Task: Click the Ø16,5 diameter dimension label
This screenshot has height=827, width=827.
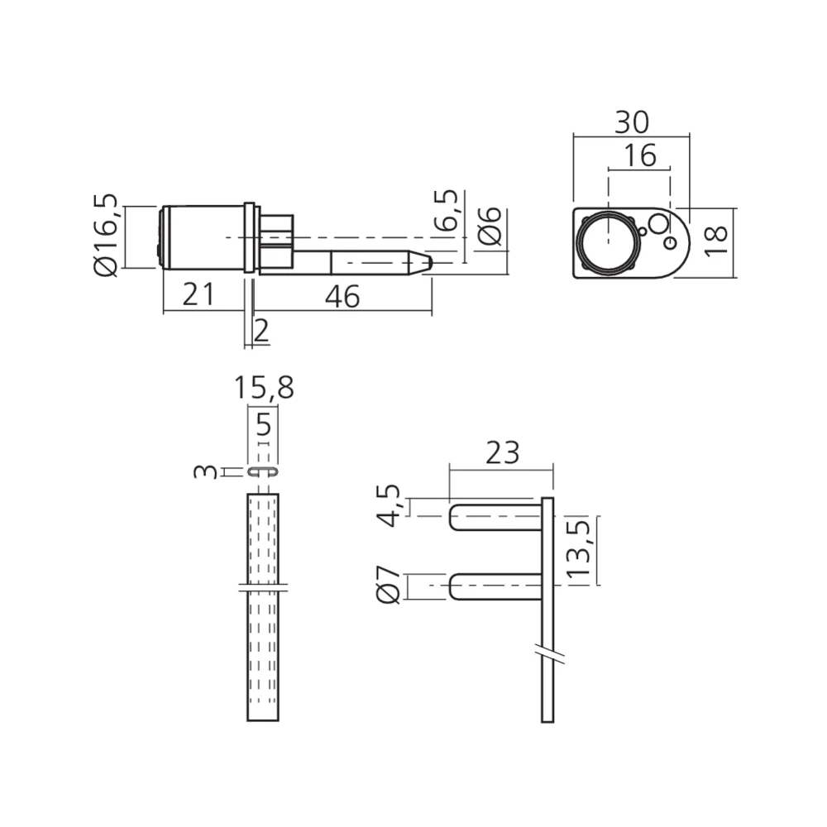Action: click(107, 237)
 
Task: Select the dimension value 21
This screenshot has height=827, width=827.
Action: click(198, 294)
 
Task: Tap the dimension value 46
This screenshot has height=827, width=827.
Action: click(342, 295)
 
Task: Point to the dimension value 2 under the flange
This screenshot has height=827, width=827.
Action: click(261, 331)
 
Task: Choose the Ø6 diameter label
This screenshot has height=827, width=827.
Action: click(490, 226)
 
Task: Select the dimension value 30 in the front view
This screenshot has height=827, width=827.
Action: click(631, 122)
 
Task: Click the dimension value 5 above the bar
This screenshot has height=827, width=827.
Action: click(264, 427)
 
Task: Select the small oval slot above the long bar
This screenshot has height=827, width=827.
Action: click(261, 471)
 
